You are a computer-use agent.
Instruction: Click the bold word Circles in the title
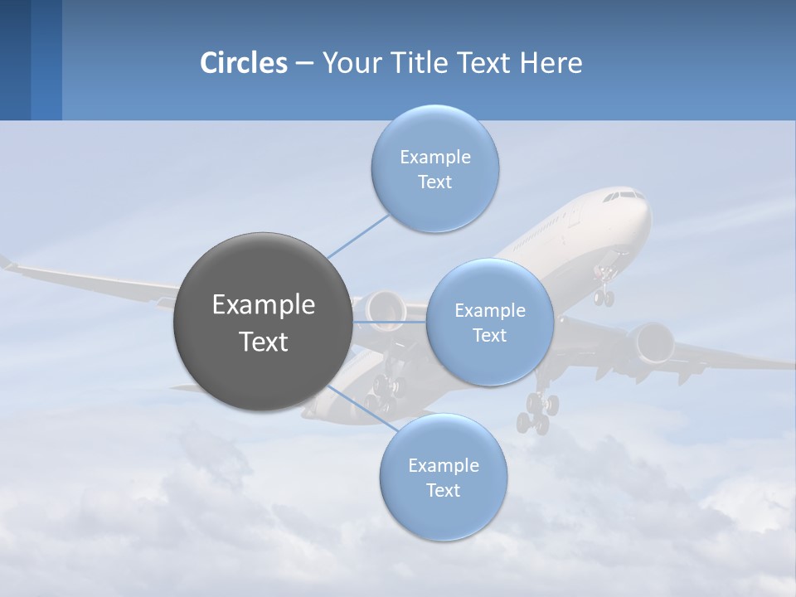244,63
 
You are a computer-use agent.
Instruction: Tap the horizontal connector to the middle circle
390,322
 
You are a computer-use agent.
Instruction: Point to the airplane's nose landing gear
604,292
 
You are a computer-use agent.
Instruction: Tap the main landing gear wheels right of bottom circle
534,414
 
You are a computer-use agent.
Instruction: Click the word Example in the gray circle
264,305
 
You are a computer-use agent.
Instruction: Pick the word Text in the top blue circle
434,182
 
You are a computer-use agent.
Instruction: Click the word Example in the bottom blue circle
443,465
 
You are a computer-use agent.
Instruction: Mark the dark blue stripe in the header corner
15,60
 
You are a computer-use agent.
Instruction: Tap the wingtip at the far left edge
7,263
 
